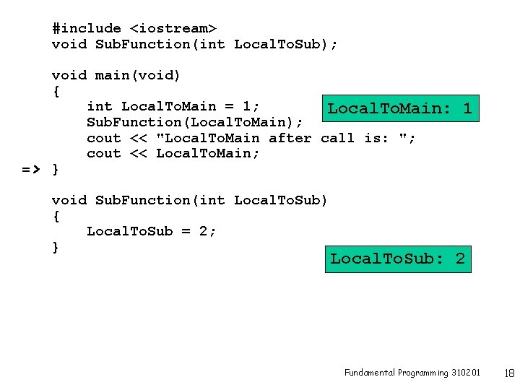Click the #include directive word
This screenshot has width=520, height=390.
(x=87, y=28)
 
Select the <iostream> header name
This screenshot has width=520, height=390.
(x=173, y=28)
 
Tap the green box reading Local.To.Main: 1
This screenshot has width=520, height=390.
(x=399, y=109)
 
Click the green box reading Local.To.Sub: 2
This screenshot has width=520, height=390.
(x=398, y=259)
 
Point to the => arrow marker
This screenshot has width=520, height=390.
(x=31, y=170)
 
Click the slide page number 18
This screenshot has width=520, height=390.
(x=508, y=373)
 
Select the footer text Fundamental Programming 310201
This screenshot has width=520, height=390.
(x=412, y=373)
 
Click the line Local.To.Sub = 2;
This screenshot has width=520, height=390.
(x=151, y=231)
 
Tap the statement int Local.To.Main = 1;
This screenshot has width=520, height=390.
(x=173, y=107)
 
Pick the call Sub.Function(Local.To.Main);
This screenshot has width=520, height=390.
(x=195, y=122)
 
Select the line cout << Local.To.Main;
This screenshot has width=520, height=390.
(x=173, y=154)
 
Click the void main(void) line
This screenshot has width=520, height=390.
(x=116, y=75)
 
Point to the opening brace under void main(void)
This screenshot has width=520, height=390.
(x=56, y=92)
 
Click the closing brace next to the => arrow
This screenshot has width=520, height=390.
(x=56, y=170)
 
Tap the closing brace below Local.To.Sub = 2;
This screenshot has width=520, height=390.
(x=56, y=247)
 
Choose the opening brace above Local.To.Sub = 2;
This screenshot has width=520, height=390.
(x=56, y=216)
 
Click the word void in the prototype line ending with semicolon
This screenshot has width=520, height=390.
(x=69, y=44)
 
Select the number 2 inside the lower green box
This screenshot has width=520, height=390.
(x=460, y=259)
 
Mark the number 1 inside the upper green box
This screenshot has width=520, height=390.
(x=467, y=109)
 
